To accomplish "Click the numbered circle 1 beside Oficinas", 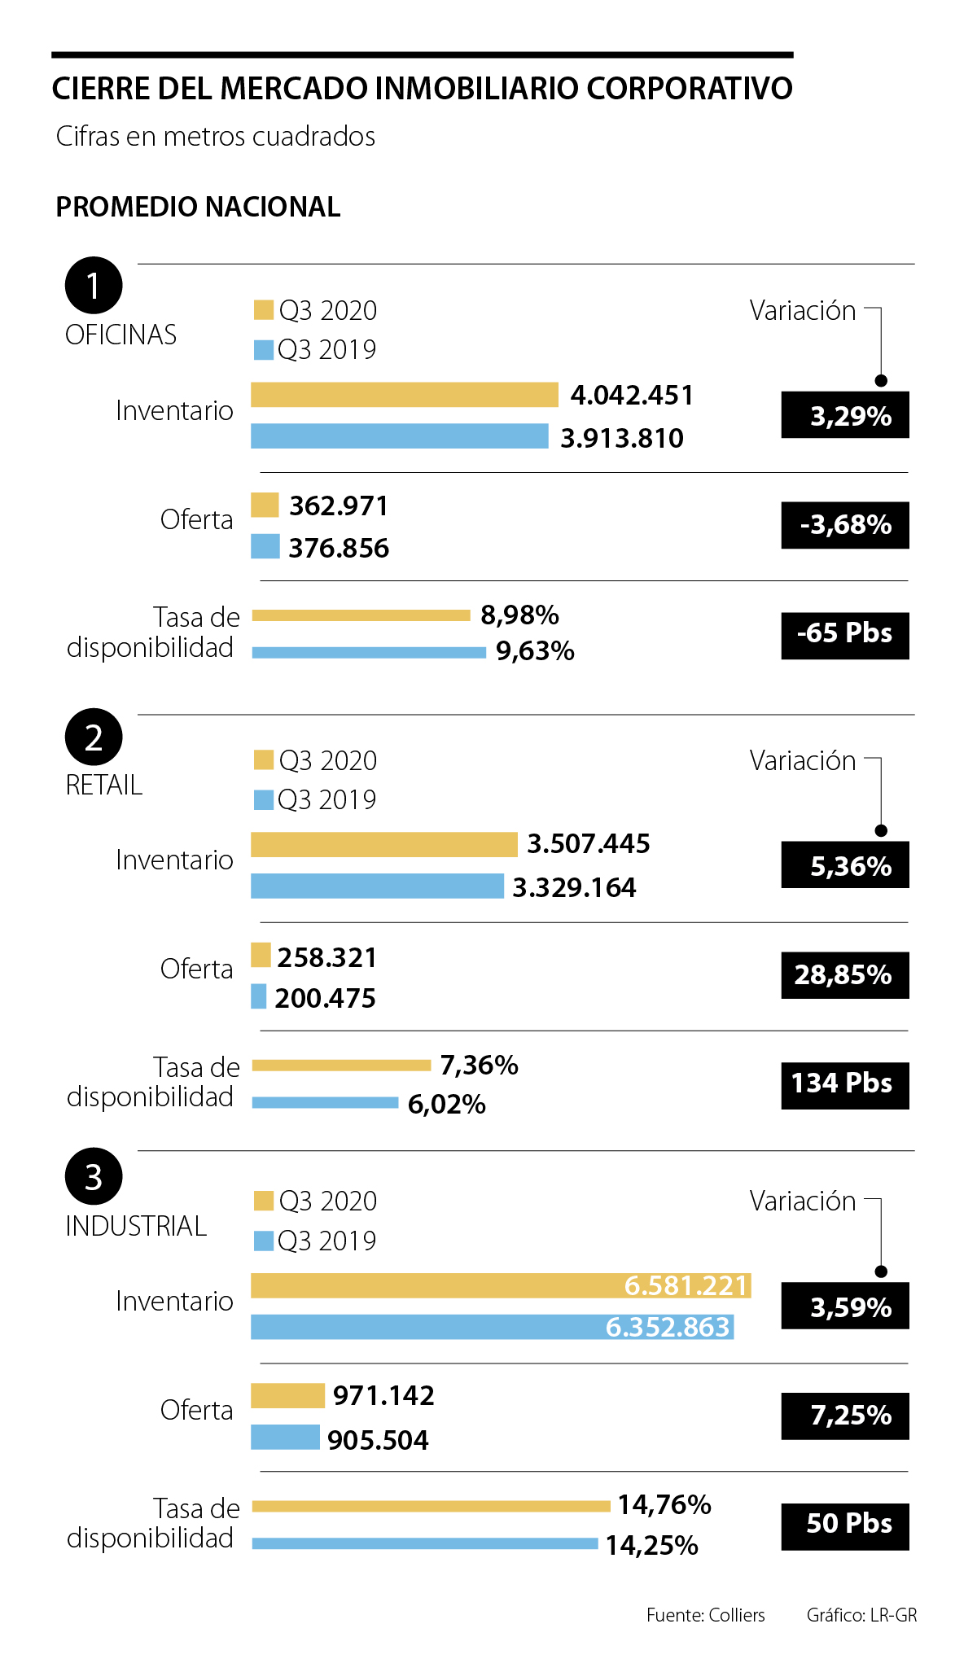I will click(x=94, y=286).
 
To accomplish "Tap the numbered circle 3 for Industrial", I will click(x=94, y=1176).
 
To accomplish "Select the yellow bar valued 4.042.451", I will click(x=404, y=395).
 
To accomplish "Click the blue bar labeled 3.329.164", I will click(x=377, y=886).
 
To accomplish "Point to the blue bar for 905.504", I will click(x=285, y=1437).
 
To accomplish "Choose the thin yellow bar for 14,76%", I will click(x=431, y=1506).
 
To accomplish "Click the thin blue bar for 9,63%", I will click(x=369, y=652).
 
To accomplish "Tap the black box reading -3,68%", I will click(x=845, y=525).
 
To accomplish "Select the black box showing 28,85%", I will click(x=845, y=974).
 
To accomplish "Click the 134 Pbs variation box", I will click(x=845, y=1084).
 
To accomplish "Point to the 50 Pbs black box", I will click(x=845, y=1525).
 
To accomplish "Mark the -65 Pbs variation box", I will click(x=845, y=634).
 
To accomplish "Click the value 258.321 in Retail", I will click(x=327, y=957).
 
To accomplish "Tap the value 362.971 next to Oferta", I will click(x=339, y=506).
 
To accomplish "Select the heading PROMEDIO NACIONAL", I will click(x=198, y=207).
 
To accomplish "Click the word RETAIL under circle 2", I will click(x=104, y=785).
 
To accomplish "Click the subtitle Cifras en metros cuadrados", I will click(x=216, y=136).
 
